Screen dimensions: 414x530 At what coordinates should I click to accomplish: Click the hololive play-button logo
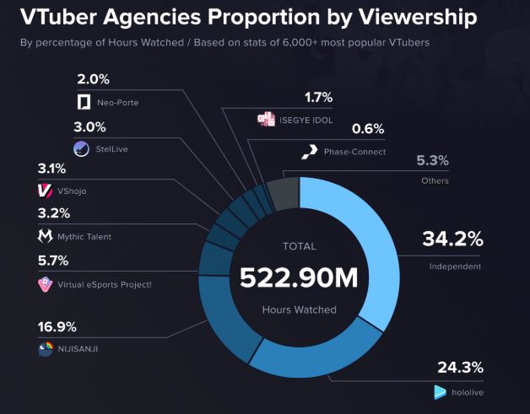pyautogui.click(x=439, y=392)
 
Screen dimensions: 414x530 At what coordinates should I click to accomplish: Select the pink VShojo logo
pyautogui.click(x=45, y=191)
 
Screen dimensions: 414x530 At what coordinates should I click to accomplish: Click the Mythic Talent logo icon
pyautogui.click(x=45, y=236)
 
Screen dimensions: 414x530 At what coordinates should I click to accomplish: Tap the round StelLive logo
pyautogui.click(x=81, y=149)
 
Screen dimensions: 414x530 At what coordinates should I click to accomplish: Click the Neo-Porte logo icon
pyautogui.click(x=84, y=102)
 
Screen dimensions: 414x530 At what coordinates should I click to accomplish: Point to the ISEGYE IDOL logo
pyautogui.click(x=267, y=120)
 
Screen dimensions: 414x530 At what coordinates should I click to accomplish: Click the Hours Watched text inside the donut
pyautogui.click(x=299, y=309)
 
